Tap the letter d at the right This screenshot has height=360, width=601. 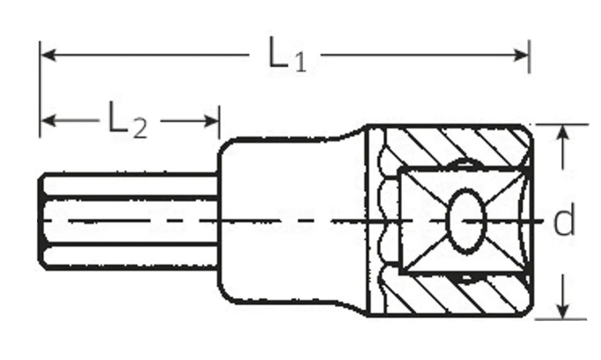(564, 221)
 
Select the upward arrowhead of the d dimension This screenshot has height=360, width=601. (562, 131)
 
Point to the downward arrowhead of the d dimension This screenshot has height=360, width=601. (562, 312)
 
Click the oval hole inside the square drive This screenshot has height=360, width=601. (466, 221)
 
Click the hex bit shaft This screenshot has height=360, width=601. (131, 221)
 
